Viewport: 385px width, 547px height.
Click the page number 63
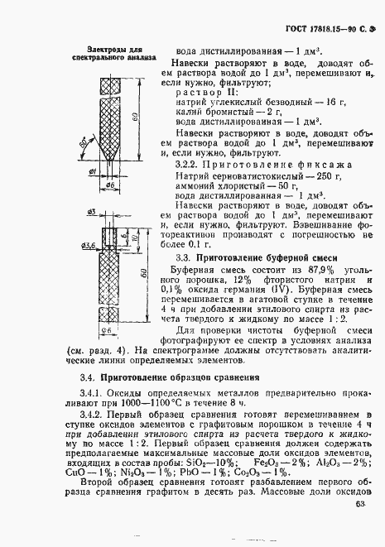359,503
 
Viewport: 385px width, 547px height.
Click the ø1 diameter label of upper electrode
93,171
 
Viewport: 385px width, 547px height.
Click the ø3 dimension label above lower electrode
91,214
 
